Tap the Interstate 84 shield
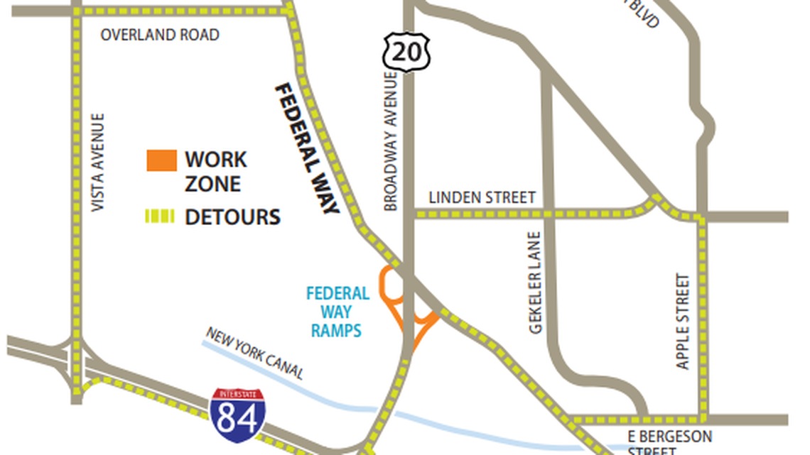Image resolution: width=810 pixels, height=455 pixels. tap(237, 412)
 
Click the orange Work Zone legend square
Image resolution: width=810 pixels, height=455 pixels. tap(161, 160)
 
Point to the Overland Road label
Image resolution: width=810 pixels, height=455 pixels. tap(160, 35)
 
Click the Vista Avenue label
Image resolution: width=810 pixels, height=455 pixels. tap(98, 162)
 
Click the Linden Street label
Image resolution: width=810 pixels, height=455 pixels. tap(482, 198)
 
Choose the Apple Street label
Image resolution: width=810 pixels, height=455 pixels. tap(683, 321)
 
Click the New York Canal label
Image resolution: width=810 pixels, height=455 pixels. tap(255, 353)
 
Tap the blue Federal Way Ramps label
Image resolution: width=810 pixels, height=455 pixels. tap(337, 312)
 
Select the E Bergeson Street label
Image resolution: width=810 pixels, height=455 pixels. tap(669, 442)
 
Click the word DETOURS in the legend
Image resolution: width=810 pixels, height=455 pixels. tap(232, 217)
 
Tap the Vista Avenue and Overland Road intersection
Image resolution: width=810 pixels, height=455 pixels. tap(76, 12)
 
